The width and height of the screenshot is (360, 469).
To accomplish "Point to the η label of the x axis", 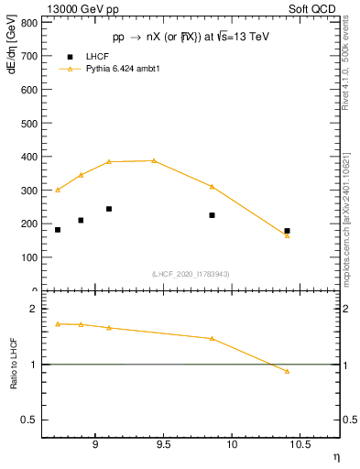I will click(335, 455).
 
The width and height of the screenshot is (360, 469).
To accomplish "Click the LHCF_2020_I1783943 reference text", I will click(190, 274).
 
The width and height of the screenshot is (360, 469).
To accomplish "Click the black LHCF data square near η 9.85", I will click(212, 215).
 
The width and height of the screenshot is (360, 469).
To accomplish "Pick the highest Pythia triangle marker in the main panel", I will click(154, 160).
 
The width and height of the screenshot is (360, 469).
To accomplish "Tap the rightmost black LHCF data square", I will click(287, 231).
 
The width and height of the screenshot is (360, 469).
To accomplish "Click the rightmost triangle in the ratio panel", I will click(287, 371).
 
